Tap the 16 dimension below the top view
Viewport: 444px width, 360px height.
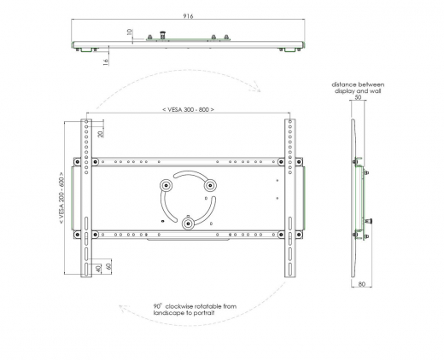point(105,61)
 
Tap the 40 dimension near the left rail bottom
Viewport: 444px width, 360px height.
point(98,269)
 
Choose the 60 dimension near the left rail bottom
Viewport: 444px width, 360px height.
point(108,269)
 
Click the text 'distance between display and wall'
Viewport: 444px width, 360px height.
point(359,87)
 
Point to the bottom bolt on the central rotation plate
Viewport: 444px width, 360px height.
point(186,223)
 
